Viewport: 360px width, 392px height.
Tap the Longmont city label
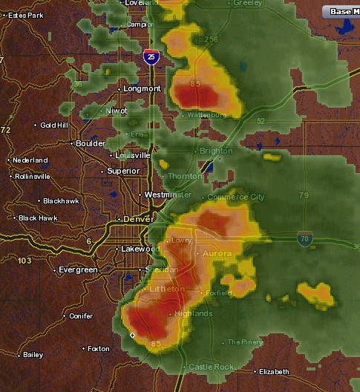(x=143, y=88)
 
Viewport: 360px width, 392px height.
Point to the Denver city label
(x=138, y=220)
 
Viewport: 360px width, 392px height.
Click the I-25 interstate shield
(x=151, y=56)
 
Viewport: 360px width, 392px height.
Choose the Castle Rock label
(x=211, y=367)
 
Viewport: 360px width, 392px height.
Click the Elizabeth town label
(x=274, y=371)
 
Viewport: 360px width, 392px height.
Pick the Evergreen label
(x=78, y=269)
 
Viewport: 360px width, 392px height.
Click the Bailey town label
(x=33, y=355)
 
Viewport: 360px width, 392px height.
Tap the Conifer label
(x=81, y=316)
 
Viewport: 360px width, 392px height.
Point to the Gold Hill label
(x=54, y=125)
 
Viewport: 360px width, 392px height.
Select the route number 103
(x=24, y=261)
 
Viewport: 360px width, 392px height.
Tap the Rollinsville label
(x=33, y=177)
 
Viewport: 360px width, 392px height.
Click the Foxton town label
(x=98, y=348)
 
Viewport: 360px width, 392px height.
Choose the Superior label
(x=123, y=171)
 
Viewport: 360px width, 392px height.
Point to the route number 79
(x=303, y=195)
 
